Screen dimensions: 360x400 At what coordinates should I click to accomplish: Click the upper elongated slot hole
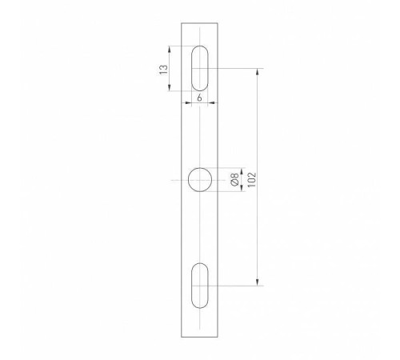(199, 68)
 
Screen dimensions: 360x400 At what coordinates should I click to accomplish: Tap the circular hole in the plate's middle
(199, 181)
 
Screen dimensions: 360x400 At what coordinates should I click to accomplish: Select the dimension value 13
(164, 69)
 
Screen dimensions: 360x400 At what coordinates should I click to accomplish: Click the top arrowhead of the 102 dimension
(257, 71)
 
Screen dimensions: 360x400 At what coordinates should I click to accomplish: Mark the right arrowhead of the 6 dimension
(210, 101)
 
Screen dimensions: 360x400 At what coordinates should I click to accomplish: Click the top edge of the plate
(199, 24)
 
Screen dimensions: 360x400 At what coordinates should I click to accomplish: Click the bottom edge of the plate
(199, 333)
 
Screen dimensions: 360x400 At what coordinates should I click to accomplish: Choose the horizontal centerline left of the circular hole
(178, 181)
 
